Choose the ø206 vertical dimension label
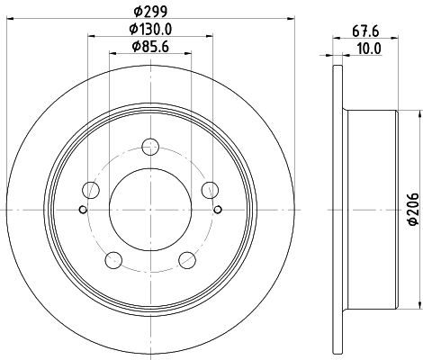[x=413, y=210]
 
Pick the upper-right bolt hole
[x=211, y=189]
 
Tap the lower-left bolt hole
[x=113, y=259]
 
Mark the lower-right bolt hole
[x=187, y=259]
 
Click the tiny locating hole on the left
[x=83, y=210]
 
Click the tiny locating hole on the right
[x=219, y=210]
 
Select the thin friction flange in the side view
[x=337, y=209]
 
